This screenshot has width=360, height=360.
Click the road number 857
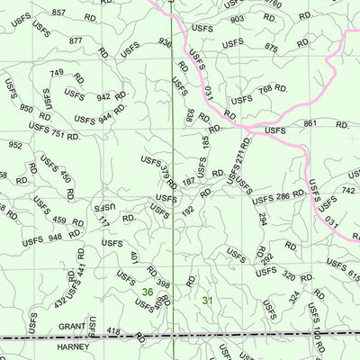(x=58, y=13)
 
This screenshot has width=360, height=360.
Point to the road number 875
(x=271, y=47)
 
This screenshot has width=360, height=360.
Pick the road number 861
(x=311, y=123)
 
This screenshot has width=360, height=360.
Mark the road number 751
(x=58, y=134)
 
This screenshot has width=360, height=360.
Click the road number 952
(x=15, y=144)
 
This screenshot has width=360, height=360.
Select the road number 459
(x=59, y=220)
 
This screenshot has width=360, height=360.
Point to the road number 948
(x=55, y=238)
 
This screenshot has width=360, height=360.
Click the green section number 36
(x=147, y=292)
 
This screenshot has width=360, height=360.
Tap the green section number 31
(x=208, y=301)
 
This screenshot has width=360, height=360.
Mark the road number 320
(x=288, y=276)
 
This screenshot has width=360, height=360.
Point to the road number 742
(x=347, y=191)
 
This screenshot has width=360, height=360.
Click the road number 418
(x=113, y=332)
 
